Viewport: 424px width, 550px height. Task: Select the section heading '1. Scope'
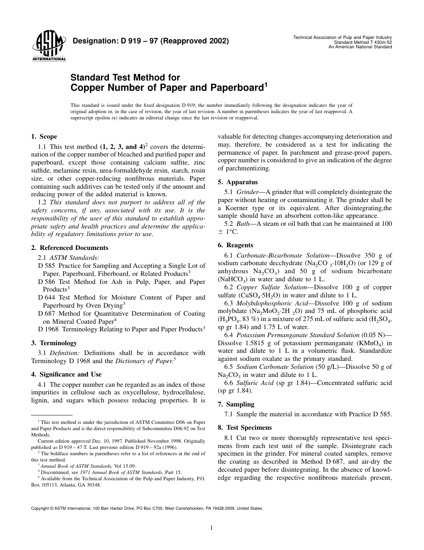44,137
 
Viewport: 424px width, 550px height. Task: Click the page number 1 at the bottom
212,528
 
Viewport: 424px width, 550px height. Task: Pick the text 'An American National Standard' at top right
360,47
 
